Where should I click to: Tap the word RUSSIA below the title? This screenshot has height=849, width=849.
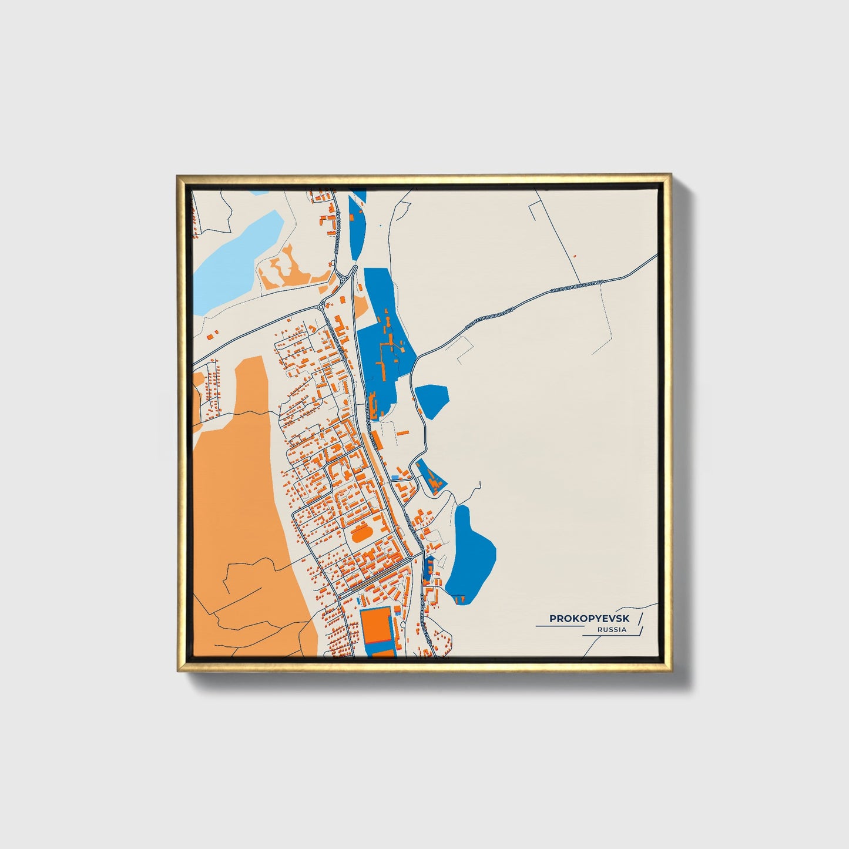coord(612,630)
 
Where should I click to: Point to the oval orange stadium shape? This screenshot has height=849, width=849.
coord(358,535)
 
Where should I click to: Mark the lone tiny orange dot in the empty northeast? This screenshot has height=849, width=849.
coord(575,256)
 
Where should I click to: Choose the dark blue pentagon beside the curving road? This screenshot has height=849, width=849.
coord(432,400)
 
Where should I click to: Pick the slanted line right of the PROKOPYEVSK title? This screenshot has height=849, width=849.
coord(639,618)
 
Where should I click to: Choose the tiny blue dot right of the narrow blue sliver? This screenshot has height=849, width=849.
coord(380,225)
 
